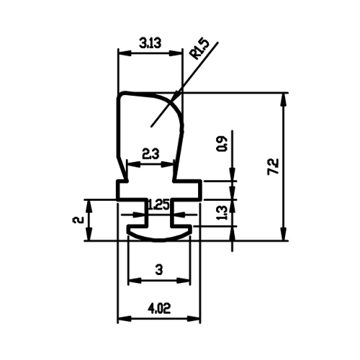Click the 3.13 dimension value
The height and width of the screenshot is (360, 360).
click(x=150, y=44)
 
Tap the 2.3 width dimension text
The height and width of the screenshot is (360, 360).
click(x=150, y=154)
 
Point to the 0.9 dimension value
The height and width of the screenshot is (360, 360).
click(x=221, y=143)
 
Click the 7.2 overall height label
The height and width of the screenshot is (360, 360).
click(x=274, y=166)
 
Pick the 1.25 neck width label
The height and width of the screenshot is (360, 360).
click(x=159, y=205)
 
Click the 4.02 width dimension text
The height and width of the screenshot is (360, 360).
click(x=158, y=308)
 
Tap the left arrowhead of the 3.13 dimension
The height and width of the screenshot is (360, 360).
click(x=125, y=53)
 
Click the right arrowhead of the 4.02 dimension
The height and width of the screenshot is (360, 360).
click(x=194, y=319)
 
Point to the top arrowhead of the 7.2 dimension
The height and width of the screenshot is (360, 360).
click(x=284, y=99)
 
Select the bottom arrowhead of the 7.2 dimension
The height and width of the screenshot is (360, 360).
click(x=284, y=234)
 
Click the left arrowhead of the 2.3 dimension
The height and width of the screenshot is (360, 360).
click(x=133, y=164)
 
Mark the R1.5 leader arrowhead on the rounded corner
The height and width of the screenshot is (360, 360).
click(x=176, y=96)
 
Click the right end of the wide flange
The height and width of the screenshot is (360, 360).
click(x=199, y=190)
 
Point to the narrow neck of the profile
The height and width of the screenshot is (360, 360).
click(x=159, y=212)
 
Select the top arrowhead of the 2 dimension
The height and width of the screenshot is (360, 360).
click(x=89, y=207)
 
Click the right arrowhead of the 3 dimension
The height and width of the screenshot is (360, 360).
click(x=184, y=280)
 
